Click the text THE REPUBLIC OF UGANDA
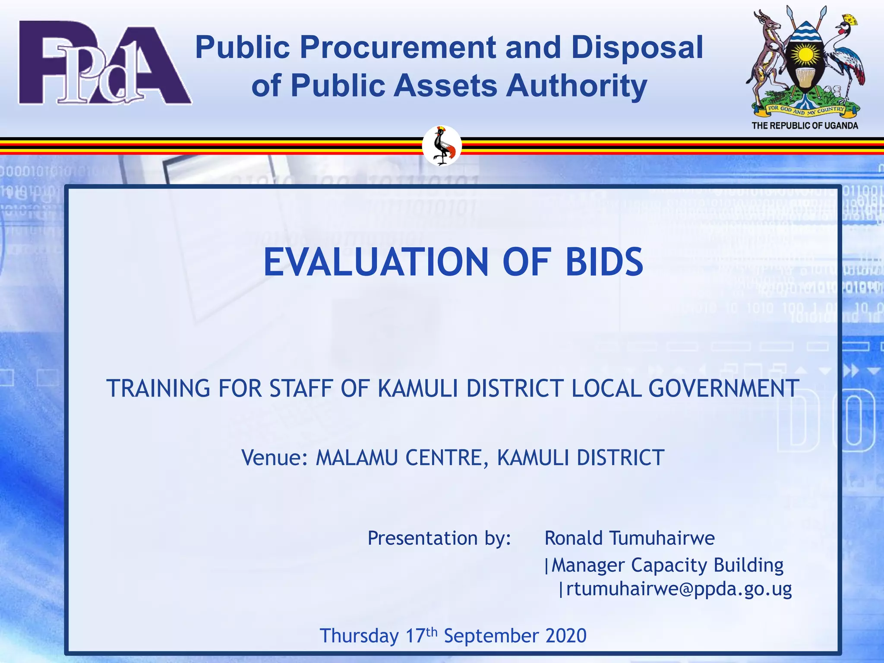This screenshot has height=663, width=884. coord(805,126)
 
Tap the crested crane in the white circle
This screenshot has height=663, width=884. coord(442,146)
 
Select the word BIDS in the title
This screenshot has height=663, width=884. coord(604,262)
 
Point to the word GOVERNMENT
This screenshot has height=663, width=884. coord(723,388)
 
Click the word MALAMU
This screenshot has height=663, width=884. coord(357,458)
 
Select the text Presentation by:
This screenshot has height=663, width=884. coord(439,538)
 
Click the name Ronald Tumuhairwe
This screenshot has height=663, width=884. coord(629,538)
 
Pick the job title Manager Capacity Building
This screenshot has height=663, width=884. coord(667,565)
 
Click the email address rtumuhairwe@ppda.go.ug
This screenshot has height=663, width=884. coord(679,589)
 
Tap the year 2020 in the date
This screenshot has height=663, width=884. coord(565,636)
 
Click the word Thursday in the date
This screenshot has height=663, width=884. coord(359,636)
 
